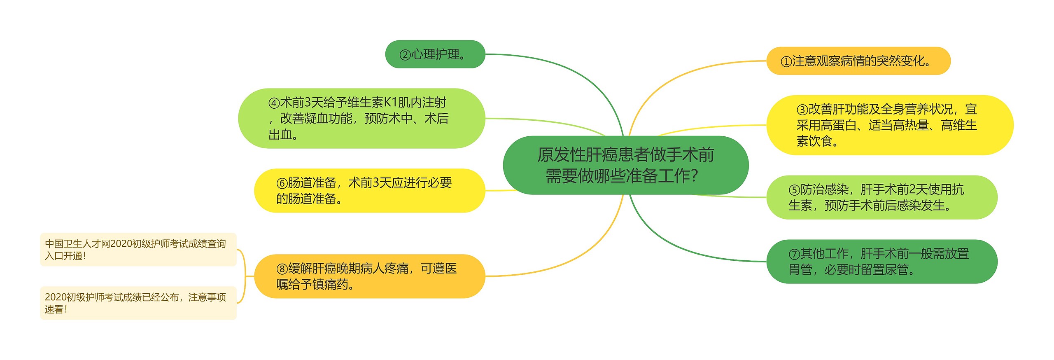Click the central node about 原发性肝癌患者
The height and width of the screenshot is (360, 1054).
pos(625,165)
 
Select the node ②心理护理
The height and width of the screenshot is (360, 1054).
pos(435,54)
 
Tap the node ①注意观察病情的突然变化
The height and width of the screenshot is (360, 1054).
pos(858,61)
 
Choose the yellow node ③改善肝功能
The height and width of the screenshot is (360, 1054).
pos(889,125)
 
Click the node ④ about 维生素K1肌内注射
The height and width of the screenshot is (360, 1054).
pos(361,118)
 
